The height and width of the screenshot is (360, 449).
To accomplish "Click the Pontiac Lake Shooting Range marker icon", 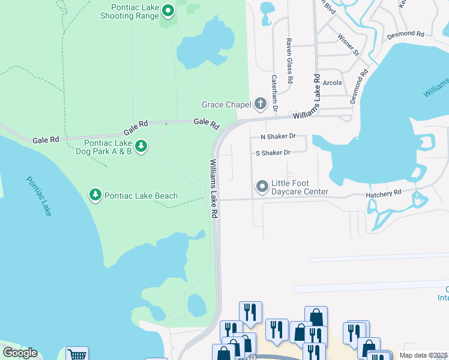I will [167, 11].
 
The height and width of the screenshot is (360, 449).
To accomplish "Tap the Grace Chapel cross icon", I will [261, 104].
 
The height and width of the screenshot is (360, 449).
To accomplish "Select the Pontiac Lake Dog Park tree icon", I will [141, 146].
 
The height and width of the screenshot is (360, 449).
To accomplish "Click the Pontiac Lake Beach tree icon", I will [95, 195].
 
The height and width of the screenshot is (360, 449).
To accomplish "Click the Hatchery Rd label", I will [384, 194].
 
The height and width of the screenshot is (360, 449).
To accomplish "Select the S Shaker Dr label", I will [273, 152].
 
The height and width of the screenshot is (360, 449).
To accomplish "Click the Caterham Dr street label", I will [274, 93].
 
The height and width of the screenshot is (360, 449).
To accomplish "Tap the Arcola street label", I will [332, 83].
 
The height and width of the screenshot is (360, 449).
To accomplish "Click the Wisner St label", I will [348, 44].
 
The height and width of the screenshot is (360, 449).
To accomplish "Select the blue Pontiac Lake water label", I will [38, 196].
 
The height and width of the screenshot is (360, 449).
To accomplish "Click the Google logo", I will [20, 353].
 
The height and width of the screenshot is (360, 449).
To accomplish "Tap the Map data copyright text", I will [423, 355].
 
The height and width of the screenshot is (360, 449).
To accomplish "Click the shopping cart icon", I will [77, 355].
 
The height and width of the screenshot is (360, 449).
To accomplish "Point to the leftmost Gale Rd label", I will [46, 140].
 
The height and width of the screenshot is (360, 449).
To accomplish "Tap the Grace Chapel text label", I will [226, 105].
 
